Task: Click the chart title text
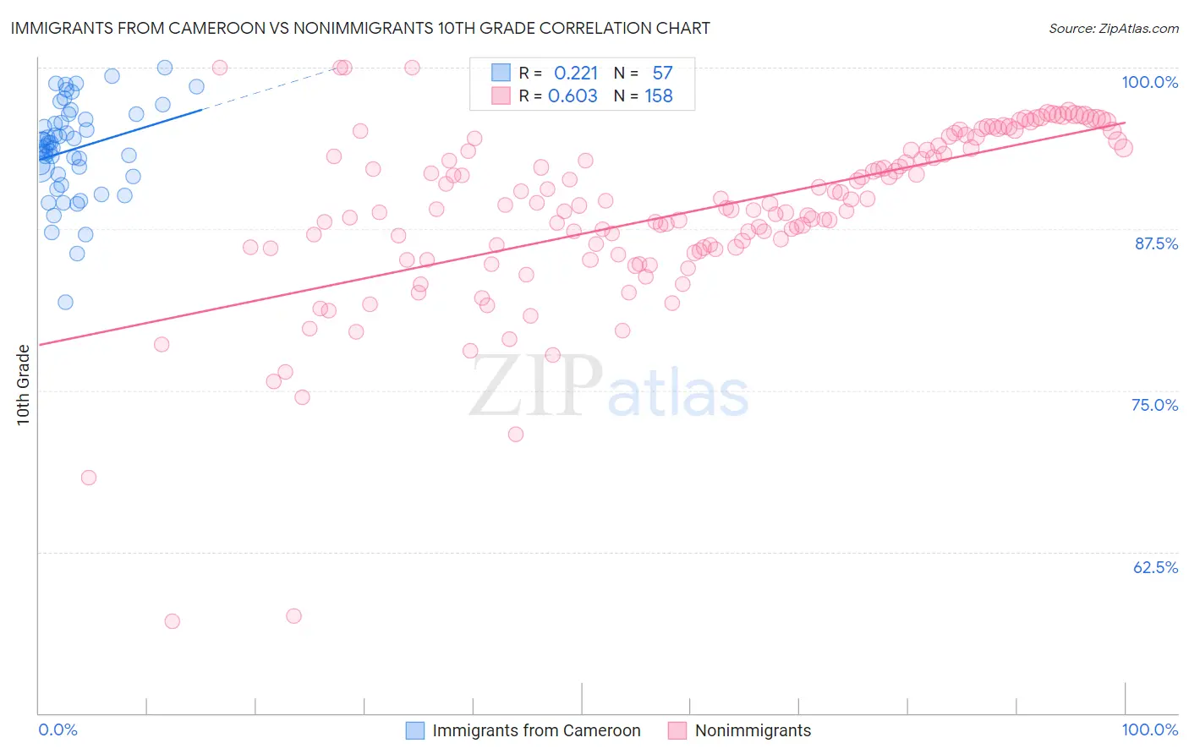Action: [x=360, y=28]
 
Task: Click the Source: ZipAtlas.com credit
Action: [x=1113, y=28]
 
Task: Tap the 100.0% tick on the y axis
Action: [x=1149, y=82]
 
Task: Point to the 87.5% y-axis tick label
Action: [x=1155, y=243]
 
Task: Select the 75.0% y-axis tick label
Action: [x=1154, y=405]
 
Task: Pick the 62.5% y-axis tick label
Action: [x=1155, y=567]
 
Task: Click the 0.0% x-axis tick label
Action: [x=58, y=729]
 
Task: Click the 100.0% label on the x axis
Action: [x=1149, y=729]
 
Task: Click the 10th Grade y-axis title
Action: [x=23, y=385]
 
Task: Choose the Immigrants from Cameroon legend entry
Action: [x=536, y=730]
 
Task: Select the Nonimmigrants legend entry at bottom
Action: [x=753, y=730]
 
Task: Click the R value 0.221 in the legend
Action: [x=575, y=74]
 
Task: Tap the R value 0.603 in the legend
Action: [x=573, y=96]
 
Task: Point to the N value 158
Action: [x=659, y=96]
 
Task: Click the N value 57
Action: [x=662, y=74]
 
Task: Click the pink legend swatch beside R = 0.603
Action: [x=501, y=96]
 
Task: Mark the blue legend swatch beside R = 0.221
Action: [x=501, y=73]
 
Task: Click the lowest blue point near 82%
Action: [x=65, y=302]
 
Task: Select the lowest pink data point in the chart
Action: [x=172, y=621]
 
